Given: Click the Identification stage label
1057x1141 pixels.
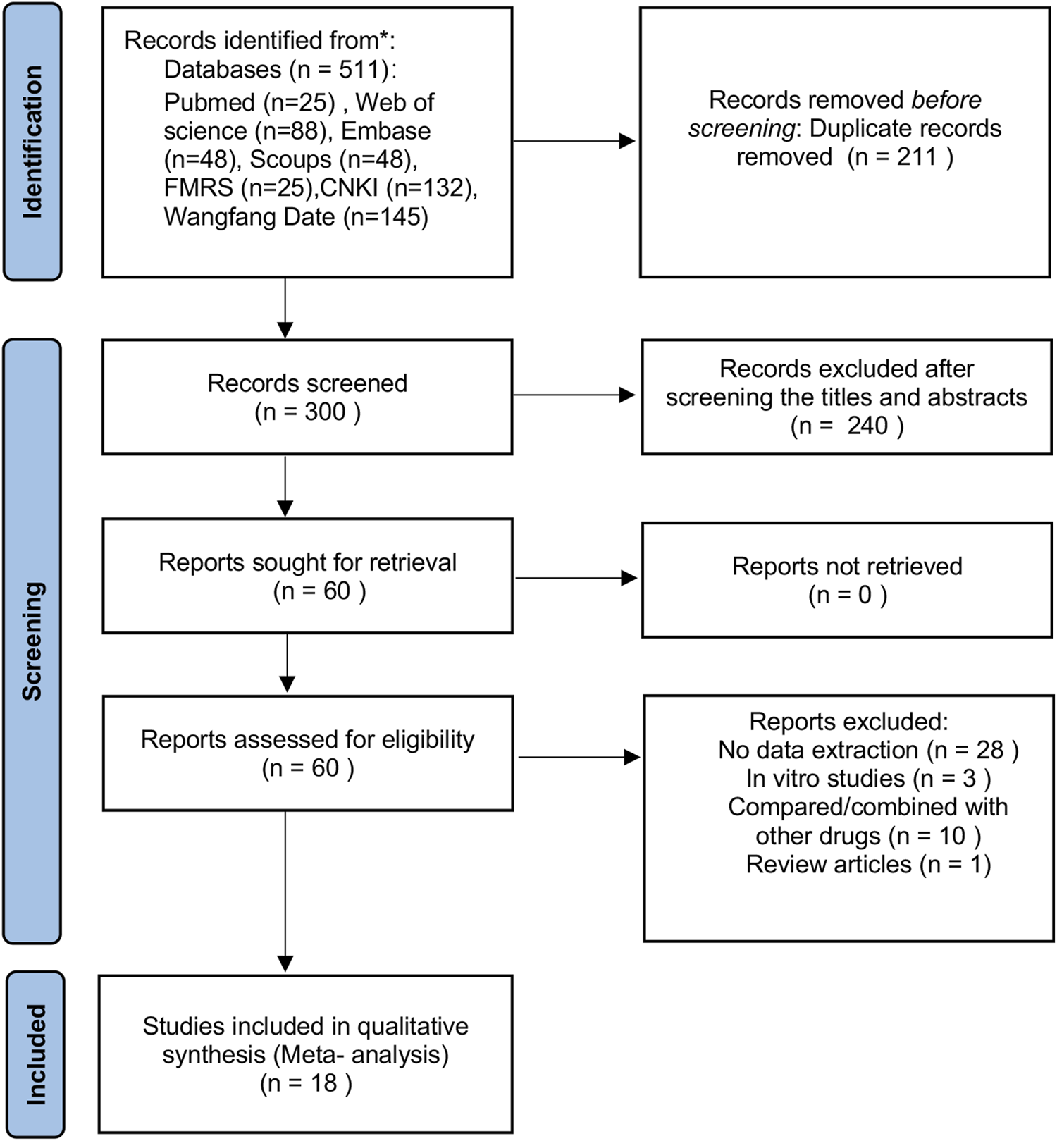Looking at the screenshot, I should tap(32, 142).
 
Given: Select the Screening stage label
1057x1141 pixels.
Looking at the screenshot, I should tap(32, 641).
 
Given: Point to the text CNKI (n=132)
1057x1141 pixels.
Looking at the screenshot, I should tap(398, 188).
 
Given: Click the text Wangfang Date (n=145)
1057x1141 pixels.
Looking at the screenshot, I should tap(296, 216).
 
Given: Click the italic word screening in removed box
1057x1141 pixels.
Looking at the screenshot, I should tap(741, 129).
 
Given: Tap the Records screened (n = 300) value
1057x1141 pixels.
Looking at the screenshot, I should tap(307, 412).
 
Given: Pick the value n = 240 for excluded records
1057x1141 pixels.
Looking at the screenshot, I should tap(846, 426).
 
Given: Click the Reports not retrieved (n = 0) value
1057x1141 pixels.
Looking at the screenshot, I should tap(847, 596).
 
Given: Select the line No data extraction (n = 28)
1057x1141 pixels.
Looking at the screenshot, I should tap(867, 750).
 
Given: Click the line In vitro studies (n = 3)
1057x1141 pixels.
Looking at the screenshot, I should tap(868, 779).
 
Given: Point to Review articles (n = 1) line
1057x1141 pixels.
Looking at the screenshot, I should tap(868, 864).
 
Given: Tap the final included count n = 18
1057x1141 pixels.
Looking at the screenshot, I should tap(306, 1083).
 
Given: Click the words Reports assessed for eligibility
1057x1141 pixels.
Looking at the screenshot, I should tap(307, 739).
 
